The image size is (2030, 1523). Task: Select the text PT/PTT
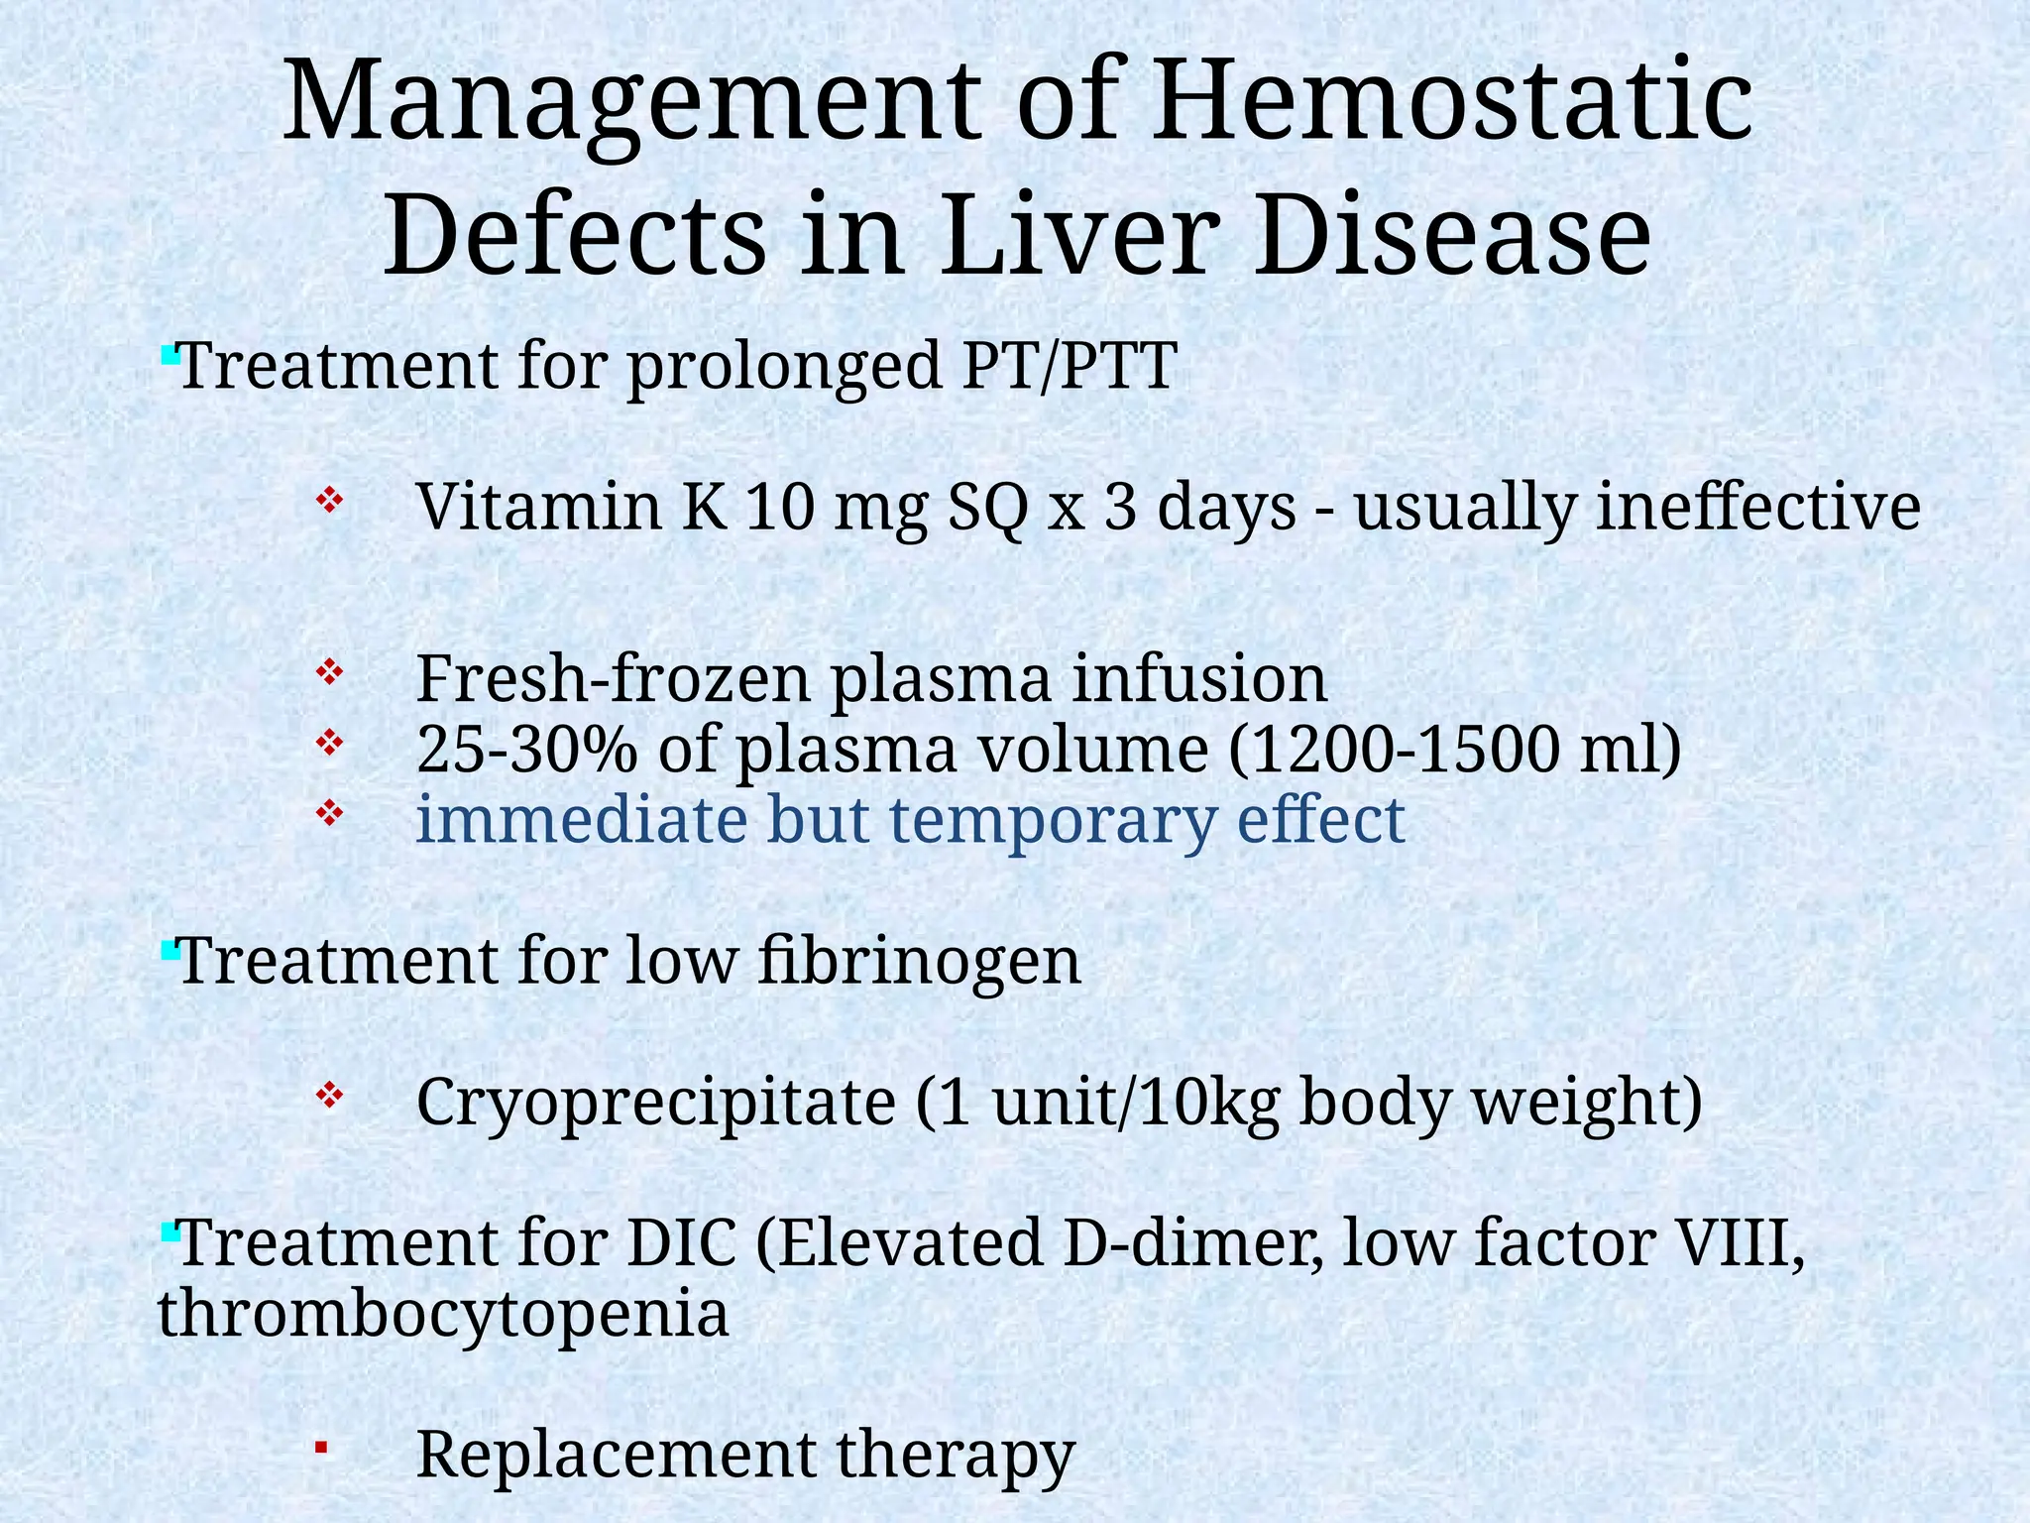pyautogui.click(x=1070, y=366)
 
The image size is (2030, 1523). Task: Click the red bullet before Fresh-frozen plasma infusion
pyautogui.click(x=329, y=673)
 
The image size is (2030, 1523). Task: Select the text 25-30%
pyautogui.click(x=525, y=750)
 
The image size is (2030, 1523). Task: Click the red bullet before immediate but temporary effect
pyautogui.click(x=329, y=814)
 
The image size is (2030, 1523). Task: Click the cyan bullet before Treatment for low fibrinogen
pyautogui.click(x=169, y=951)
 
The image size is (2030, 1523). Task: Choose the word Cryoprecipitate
pyautogui.click(x=655, y=1102)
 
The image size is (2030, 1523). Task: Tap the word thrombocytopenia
pyautogui.click(x=443, y=1314)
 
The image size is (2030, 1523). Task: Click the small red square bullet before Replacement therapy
pyautogui.click(x=321, y=1449)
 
